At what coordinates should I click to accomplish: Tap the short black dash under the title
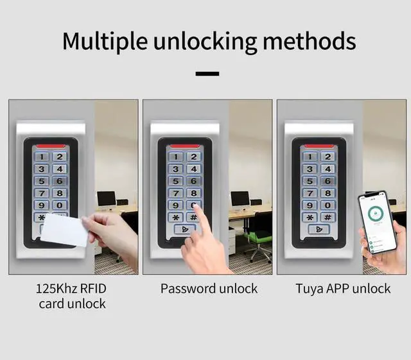coord(207,74)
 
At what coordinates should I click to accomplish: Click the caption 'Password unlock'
coord(209,289)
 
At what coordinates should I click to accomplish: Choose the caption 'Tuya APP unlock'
coord(343,289)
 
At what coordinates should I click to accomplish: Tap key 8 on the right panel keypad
coord(327,193)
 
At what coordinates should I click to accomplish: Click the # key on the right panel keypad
coord(327,218)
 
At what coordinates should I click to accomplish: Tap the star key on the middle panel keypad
coord(175,218)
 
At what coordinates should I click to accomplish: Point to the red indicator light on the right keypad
coord(319,145)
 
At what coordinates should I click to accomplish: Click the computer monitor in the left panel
coord(106,198)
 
